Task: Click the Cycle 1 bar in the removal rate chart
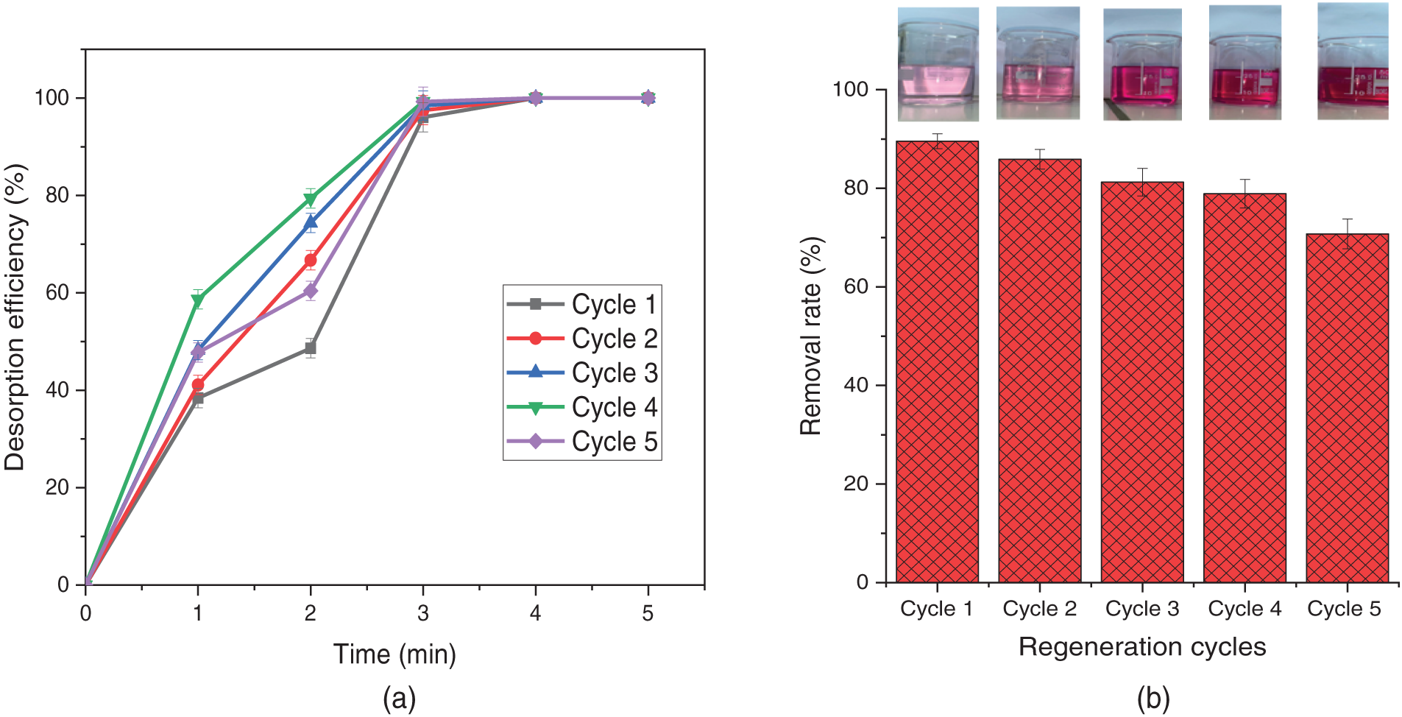click(x=937, y=361)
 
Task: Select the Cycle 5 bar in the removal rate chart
click(x=1347, y=409)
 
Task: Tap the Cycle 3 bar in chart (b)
click(x=1142, y=383)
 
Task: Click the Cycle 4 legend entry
click(x=581, y=407)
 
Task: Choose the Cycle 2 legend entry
click(x=581, y=339)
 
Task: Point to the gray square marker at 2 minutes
click(x=311, y=348)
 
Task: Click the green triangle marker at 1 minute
click(x=197, y=300)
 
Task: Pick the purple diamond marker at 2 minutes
click(x=311, y=291)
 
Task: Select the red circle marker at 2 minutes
click(x=311, y=261)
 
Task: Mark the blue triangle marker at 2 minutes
click(x=311, y=222)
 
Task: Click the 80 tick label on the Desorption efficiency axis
click(x=57, y=196)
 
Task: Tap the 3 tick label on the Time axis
click(x=422, y=613)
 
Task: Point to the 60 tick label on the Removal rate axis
click(x=856, y=286)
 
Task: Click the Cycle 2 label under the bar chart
click(x=1039, y=609)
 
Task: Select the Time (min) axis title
click(x=394, y=654)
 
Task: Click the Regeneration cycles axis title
click(x=1142, y=646)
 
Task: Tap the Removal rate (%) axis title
click(x=810, y=336)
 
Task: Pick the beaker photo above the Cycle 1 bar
click(x=938, y=64)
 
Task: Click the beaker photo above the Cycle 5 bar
click(x=1353, y=62)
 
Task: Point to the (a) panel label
click(x=399, y=698)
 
